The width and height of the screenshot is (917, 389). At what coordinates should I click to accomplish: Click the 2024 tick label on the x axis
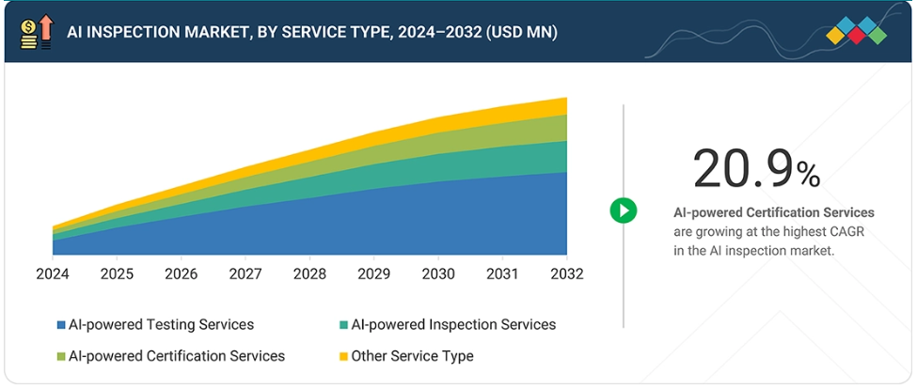(x=52, y=273)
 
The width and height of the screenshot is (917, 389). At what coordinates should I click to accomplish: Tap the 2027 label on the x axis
(x=245, y=273)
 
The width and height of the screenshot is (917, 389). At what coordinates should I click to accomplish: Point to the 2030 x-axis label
(x=437, y=273)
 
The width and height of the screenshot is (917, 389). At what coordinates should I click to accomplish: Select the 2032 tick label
(x=566, y=273)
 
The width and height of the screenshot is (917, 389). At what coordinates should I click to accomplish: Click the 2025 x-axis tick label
(x=116, y=273)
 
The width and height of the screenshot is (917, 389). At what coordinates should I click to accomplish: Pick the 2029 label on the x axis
(x=373, y=273)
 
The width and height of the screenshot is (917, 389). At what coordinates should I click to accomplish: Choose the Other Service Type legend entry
(x=412, y=356)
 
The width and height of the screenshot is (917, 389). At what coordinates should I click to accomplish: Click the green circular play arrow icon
(x=623, y=210)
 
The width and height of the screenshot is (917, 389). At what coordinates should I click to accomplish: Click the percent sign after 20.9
(x=808, y=173)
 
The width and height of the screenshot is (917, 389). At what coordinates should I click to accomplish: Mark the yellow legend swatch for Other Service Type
(x=344, y=356)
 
